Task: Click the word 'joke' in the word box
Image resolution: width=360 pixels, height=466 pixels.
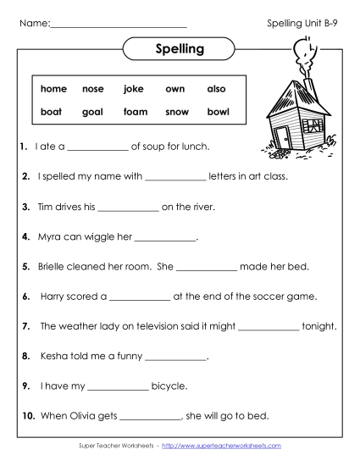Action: [x=134, y=88]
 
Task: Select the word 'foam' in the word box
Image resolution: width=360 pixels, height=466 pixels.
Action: [x=136, y=111]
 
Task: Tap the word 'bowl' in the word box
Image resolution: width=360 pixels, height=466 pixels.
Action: [x=218, y=111]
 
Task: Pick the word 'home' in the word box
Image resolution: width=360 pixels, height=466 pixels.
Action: [x=53, y=88]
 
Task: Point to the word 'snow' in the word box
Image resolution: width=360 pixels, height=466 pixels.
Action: [x=177, y=111]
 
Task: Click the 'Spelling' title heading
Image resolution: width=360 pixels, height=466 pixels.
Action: [x=180, y=49]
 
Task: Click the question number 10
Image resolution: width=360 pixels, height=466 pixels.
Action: [x=28, y=416]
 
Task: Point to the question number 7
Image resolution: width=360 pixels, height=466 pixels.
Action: [x=27, y=326]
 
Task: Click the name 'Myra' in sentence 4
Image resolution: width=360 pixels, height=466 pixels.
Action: [x=52, y=237]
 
